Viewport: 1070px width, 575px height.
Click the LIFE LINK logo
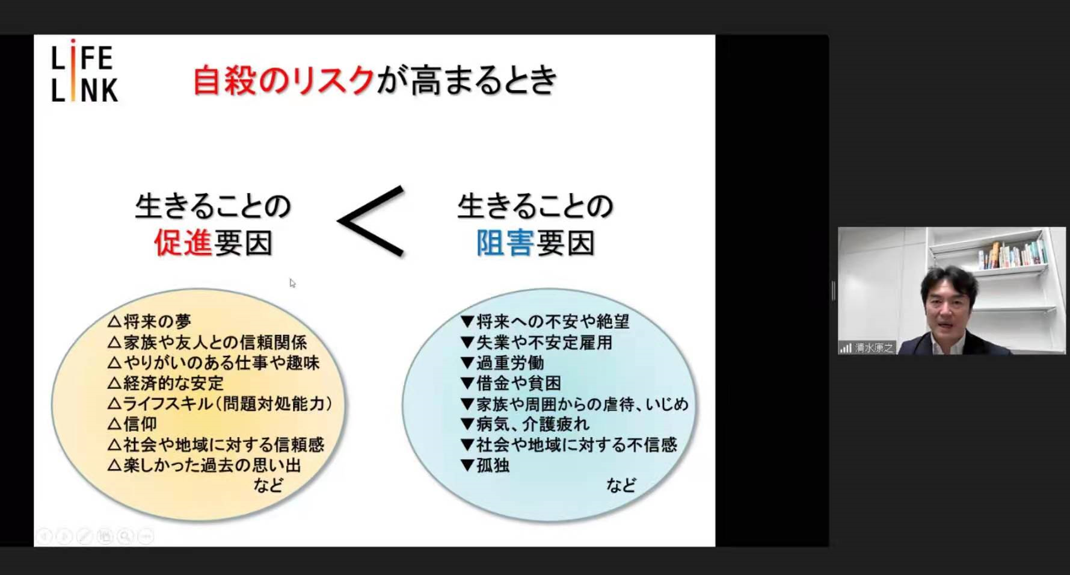[x=84, y=71]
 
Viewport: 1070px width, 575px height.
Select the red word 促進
[x=183, y=243]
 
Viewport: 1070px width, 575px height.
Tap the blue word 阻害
[x=505, y=243]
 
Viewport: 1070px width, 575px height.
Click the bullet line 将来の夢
[x=149, y=322]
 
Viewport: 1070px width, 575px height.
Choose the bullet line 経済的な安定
[x=165, y=383]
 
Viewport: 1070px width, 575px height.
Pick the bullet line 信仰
[x=132, y=424]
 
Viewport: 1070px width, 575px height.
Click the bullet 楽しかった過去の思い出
[x=204, y=465]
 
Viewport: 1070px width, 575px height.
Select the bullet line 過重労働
[x=502, y=362]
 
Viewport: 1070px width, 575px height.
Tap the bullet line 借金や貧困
[x=511, y=383]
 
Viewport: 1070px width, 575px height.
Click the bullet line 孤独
[x=485, y=465]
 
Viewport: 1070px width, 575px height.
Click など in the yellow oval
[x=268, y=485]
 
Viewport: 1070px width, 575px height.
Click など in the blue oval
[x=621, y=485]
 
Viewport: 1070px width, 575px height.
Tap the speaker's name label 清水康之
[x=874, y=348]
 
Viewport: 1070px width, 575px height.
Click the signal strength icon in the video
[x=846, y=348]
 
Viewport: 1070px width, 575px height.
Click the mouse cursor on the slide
[x=292, y=284]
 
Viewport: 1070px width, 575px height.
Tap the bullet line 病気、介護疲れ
[x=524, y=424]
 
